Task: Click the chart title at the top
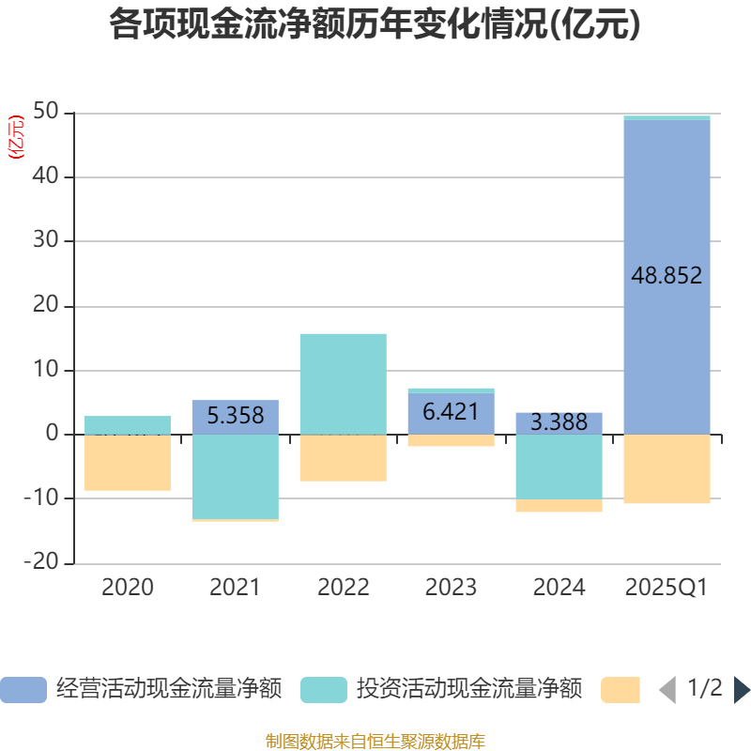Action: click(375, 24)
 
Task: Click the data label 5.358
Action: click(235, 416)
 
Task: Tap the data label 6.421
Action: click(451, 412)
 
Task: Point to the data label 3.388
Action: click(559, 422)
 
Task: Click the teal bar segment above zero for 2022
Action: click(343, 383)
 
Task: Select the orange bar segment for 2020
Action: click(128, 463)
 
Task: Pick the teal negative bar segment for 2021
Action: click(235, 476)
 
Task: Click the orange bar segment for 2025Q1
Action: click(667, 469)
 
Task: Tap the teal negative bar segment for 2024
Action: click(559, 467)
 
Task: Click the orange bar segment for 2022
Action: click(343, 458)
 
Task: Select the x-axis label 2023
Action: click(451, 589)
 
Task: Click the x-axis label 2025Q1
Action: click(667, 589)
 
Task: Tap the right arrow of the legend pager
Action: click(742, 690)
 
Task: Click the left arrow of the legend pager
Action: click(667, 690)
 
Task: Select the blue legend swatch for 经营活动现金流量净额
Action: click(23, 690)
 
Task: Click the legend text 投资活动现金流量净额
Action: click(468, 690)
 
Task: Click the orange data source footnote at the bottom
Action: click(375, 741)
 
